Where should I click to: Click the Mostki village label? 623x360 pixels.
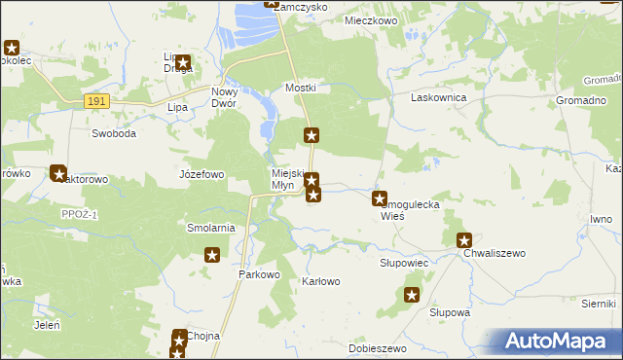[301, 88]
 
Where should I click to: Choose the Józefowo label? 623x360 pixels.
[202, 174]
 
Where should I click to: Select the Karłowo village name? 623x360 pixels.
[321, 282]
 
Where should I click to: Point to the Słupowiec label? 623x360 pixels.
[404, 264]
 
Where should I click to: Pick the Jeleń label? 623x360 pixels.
[48, 325]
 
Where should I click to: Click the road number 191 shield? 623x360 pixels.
[95, 100]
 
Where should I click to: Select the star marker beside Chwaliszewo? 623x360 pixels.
[465, 240]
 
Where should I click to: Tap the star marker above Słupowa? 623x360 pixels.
[413, 295]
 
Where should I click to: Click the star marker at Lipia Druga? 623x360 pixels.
[182, 63]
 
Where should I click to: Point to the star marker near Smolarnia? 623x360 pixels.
[212, 256]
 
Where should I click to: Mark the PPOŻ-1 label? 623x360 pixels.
[80, 214]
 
